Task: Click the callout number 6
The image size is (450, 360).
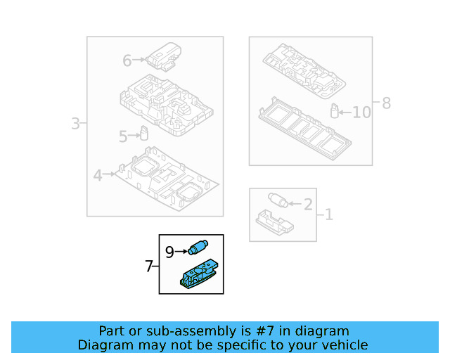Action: click(x=127, y=61)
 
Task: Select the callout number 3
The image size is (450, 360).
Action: click(x=75, y=124)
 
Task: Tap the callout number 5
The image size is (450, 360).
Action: click(x=123, y=137)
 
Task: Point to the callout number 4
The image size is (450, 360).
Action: click(x=98, y=175)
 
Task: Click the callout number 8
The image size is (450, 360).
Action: click(x=386, y=104)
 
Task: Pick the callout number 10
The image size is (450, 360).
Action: click(x=361, y=112)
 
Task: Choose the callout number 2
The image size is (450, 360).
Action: click(x=307, y=205)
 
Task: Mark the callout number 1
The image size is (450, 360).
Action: click(x=328, y=214)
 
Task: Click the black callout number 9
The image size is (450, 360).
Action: click(x=169, y=251)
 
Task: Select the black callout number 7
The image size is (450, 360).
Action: click(x=148, y=266)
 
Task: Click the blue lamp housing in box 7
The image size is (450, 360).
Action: click(x=198, y=274)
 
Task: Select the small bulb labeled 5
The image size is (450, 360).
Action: click(x=143, y=133)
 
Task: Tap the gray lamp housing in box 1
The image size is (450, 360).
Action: click(x=276, y=221)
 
